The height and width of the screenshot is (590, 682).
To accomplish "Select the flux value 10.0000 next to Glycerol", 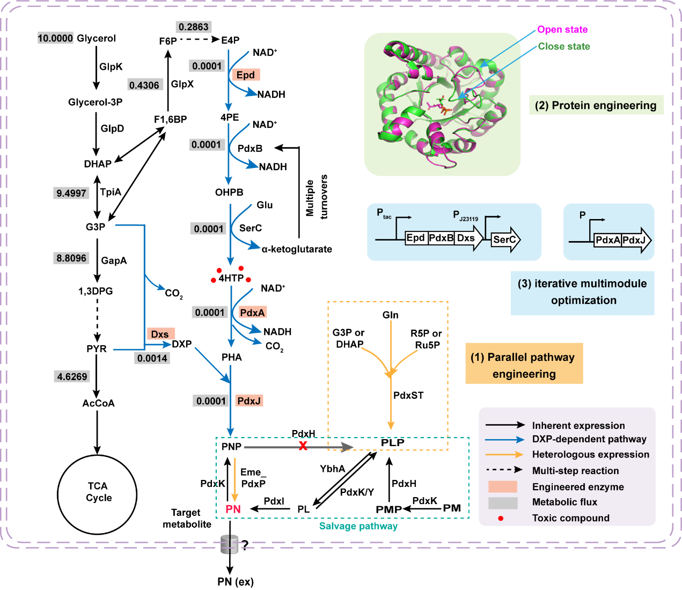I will (55, 38).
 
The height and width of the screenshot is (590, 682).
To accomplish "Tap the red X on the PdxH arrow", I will (303, 446).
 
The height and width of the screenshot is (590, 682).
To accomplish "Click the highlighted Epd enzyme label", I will (246, 75).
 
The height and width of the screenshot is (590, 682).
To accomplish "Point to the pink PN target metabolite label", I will (233, 509).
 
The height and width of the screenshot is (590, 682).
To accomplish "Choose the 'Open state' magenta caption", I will (562, 30).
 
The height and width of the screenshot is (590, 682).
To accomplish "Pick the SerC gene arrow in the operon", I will (505, 239).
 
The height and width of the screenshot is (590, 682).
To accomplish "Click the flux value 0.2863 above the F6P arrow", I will (193, 27).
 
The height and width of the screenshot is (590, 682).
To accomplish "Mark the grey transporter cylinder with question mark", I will (230, 544).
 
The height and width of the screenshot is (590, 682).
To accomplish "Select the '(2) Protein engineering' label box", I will (596, 105).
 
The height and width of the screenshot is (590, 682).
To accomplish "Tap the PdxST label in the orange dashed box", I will (408, 395).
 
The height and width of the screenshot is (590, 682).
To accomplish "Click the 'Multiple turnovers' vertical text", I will (317, 197).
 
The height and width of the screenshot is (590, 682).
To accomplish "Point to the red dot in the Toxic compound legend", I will (501, 518).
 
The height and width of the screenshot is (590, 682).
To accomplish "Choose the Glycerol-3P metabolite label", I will (95, 102).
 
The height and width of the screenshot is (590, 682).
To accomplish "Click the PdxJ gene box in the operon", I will (634, 240).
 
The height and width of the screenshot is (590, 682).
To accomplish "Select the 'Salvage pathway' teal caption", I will (358, 526).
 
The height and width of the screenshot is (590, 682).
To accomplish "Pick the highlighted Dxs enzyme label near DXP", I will (160, 334).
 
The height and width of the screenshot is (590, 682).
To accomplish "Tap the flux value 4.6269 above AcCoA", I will (72, 376).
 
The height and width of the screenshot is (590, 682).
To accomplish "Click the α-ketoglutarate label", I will (297, 249).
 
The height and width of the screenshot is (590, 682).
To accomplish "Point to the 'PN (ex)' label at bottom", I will (236, 581).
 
